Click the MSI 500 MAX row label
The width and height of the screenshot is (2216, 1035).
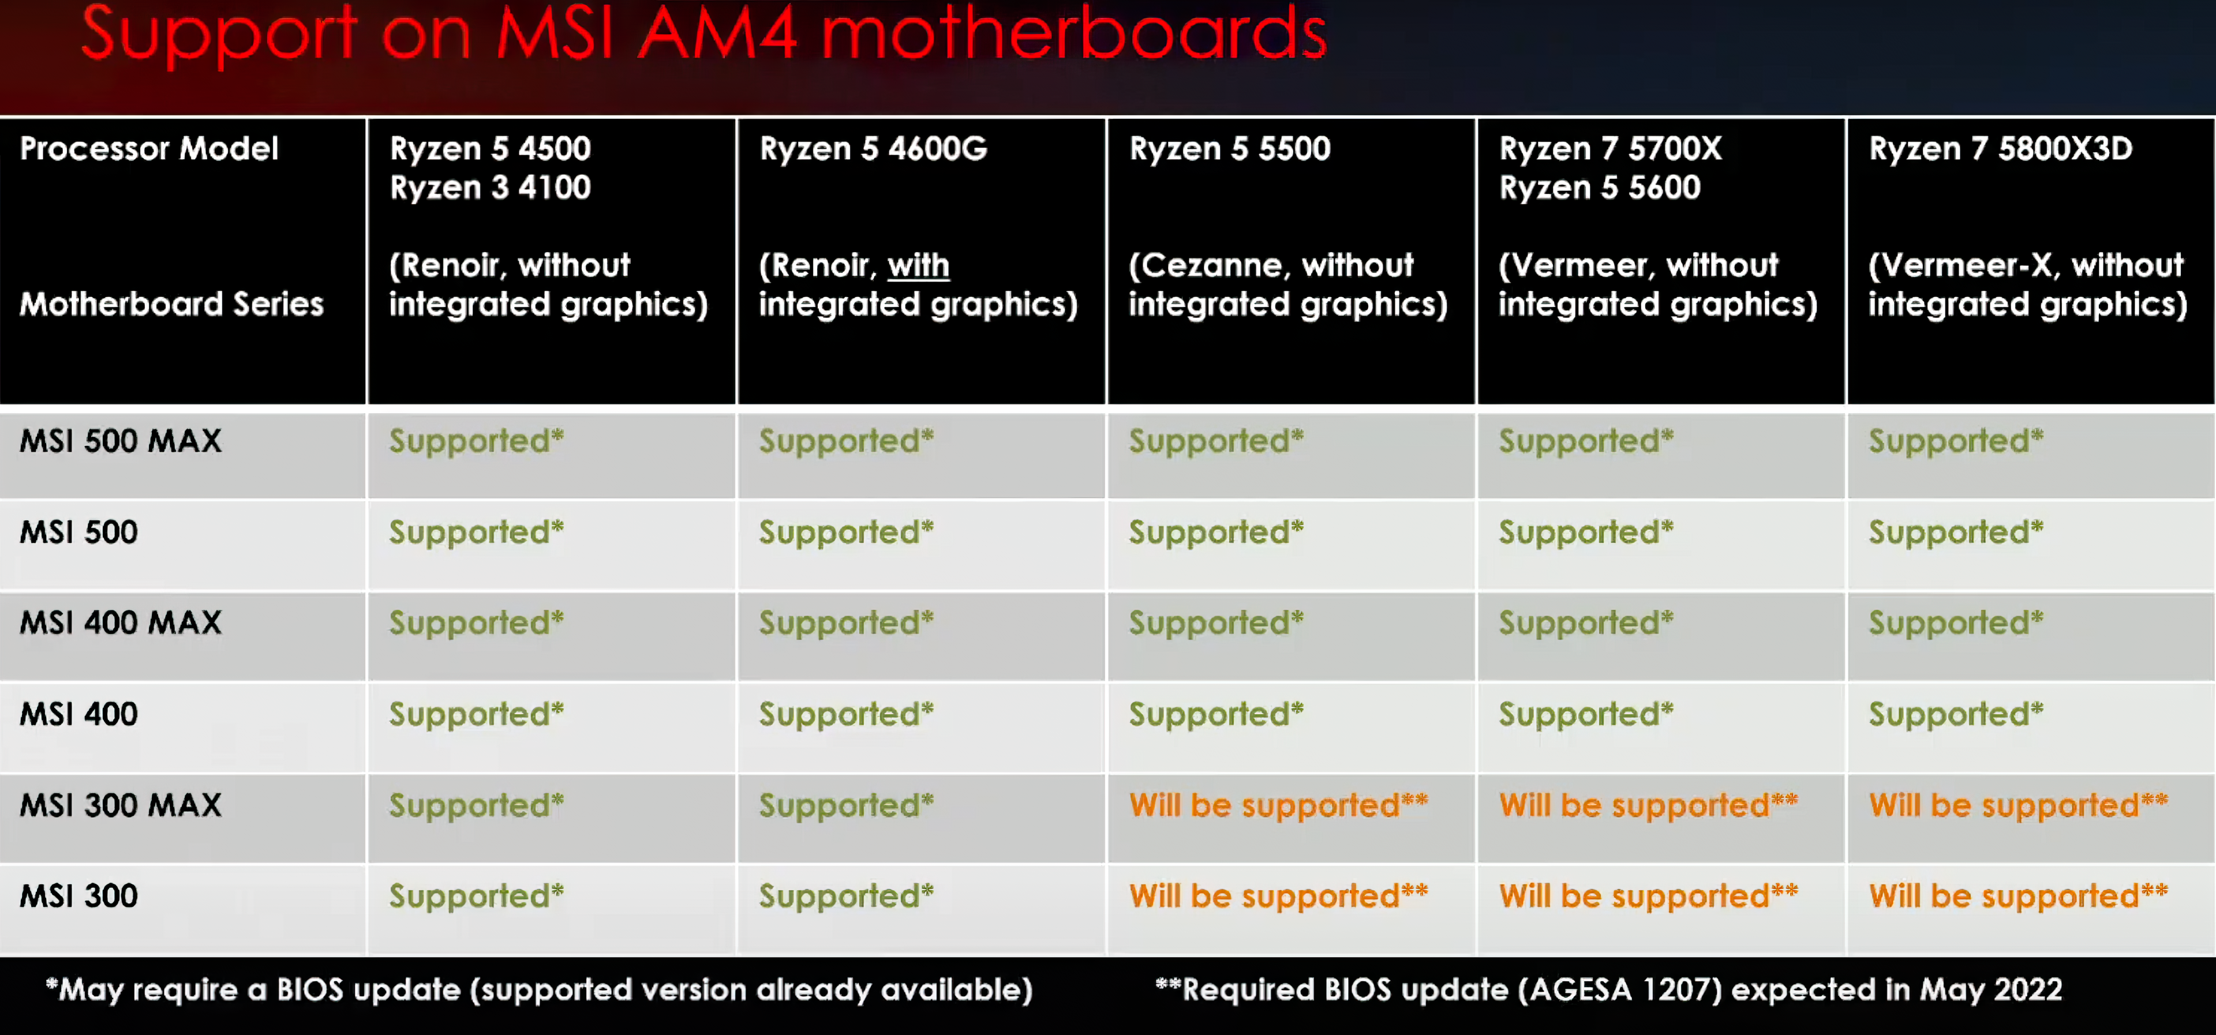[x=121, y=441]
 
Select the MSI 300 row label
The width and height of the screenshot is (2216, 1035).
[x=78, y=897]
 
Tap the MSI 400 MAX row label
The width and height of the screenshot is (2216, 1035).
[x=121, y=623]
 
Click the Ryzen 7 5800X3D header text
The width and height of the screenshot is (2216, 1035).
[x=2000, y=149]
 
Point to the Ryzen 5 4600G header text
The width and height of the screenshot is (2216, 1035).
[x=873, y=149]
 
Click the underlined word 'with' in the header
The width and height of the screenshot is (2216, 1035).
[x=918, y=265]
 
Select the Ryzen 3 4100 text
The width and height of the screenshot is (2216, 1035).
[x=491, y=187]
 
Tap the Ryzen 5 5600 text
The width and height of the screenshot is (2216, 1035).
[x=1600, y=187]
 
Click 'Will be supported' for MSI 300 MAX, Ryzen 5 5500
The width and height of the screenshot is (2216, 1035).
[x=1278, y=805]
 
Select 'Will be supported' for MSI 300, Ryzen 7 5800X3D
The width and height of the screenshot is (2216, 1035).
[x=2018, y=897]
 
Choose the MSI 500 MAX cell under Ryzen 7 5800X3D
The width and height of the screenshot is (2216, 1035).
[x=1955, y=441]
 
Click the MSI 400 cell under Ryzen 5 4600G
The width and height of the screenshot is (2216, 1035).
[x=845, y=714]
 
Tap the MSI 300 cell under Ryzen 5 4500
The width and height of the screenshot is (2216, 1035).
[x=476, y=897]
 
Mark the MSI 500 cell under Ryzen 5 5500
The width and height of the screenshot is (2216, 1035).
[x=1215, y=532]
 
